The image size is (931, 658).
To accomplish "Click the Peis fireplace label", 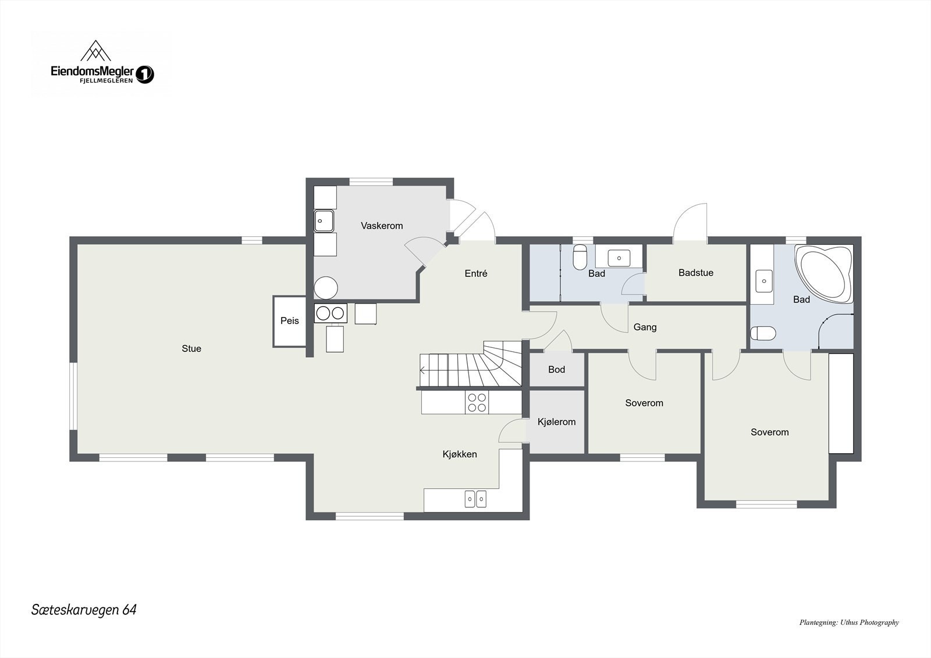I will pyautogui.click(x=290, y=321).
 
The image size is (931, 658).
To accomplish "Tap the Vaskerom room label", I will pyautogui.click(x=382, y=226).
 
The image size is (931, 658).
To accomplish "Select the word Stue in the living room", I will pyautogui.click(x=191, y=348).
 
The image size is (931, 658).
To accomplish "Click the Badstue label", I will pyautogui.click(x=696, y=273).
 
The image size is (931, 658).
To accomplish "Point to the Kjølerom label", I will pyautogui.click(x=557, y=422).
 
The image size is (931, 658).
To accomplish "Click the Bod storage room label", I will pyautogui.click(x=557, y=369).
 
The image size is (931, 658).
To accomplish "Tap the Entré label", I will pyautogui.click(x=476, y=273).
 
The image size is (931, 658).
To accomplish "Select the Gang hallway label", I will pyautogui.click(x=645, y=327).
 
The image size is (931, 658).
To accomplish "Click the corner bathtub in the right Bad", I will pyautogui.click(x=825, y=273).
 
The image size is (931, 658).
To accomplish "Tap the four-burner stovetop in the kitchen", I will pyautogui.click(x=477, y=402).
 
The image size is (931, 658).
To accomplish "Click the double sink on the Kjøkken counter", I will pyautogui.click(x=475, y=499).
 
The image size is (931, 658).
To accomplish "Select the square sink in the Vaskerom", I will pyautogui.click(x=324, y=220).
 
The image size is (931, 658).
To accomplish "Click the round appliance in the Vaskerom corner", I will pyautogui.click(x=326, y=287).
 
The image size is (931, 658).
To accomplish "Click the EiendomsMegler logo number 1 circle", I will pyautogui.click(x=145, y=74).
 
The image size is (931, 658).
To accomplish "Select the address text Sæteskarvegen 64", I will pyautogui.click(x=84, y=610).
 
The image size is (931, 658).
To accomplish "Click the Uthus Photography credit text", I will pyautogui.click(x=849, y=623).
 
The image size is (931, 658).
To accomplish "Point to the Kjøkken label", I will pyautogui.click(x=460, y=454).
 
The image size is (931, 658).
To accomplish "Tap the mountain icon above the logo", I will pyautogui.click(x=95, y=52).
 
